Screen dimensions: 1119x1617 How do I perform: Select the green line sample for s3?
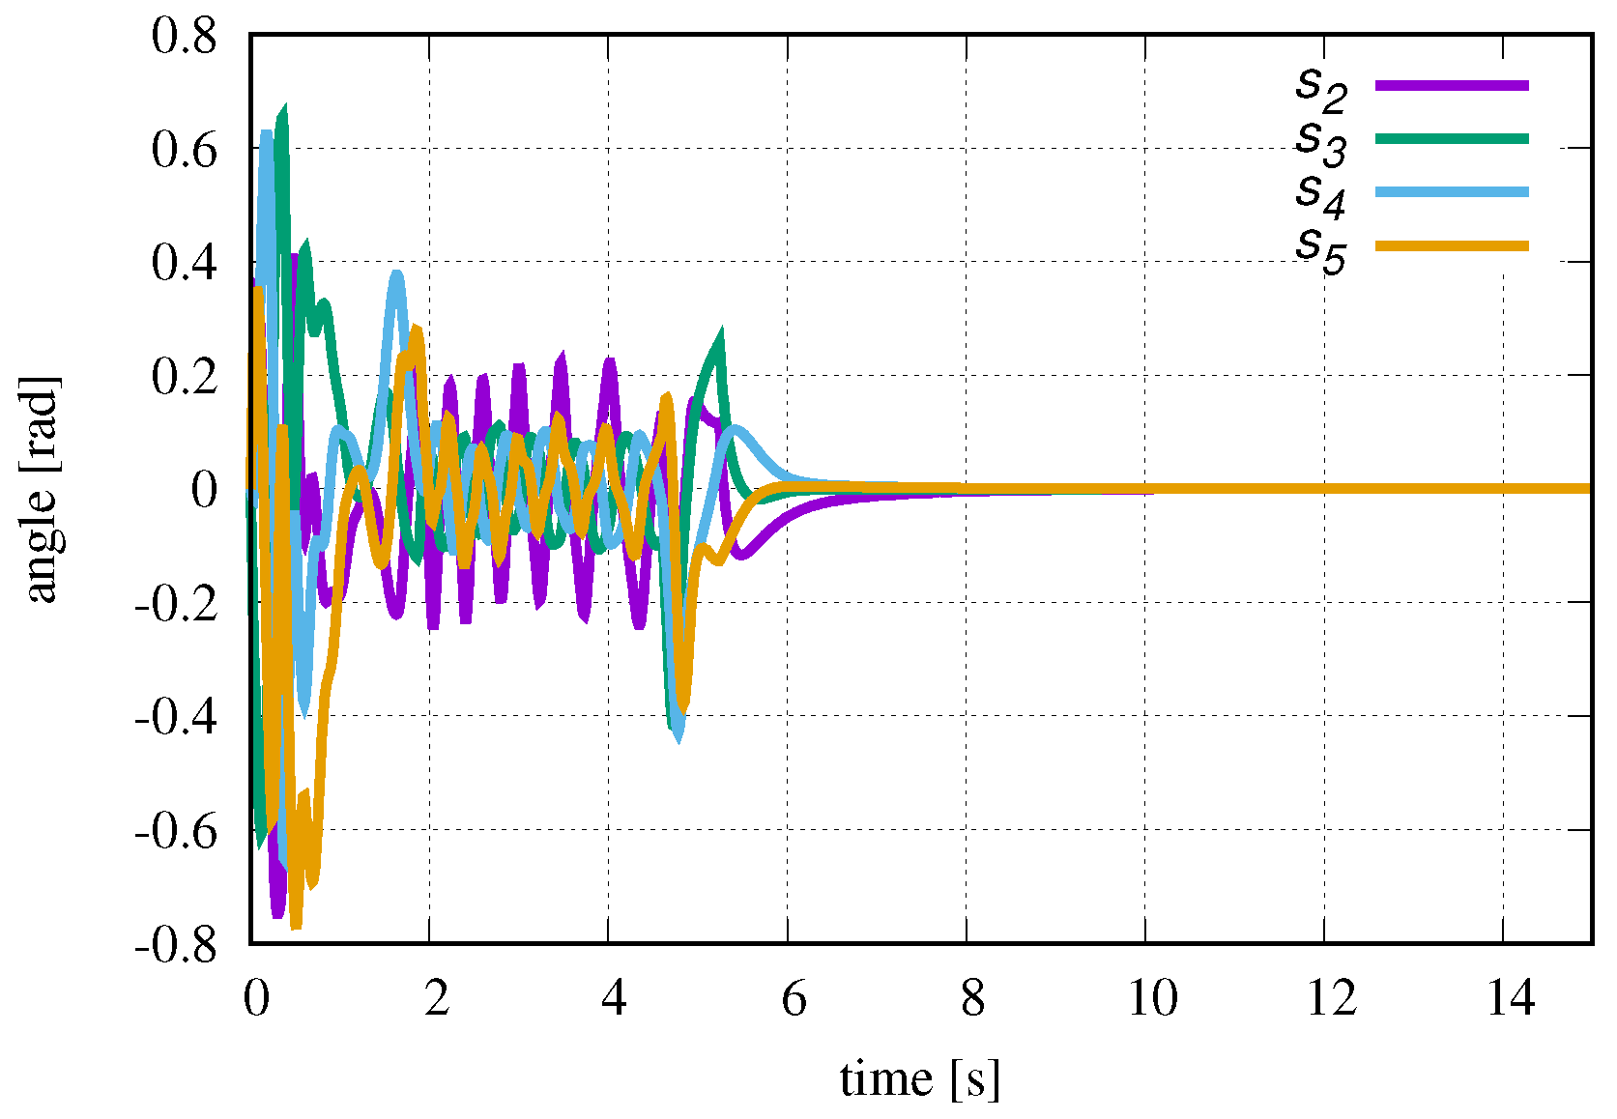click(1452, 139)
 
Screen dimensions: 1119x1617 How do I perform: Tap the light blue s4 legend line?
click(1452, 192)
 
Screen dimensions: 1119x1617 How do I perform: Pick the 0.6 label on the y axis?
click(184, 150)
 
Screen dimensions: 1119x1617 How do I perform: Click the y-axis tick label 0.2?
click(184, 376)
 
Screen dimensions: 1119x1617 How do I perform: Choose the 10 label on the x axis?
click(1152, 997)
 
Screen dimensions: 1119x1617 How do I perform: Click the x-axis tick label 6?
click(794, 997)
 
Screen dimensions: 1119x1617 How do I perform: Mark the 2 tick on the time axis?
click(436, 997)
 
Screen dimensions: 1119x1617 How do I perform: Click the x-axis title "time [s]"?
click(919, 1077)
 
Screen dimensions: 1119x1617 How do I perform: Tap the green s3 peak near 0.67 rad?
click(283, 109)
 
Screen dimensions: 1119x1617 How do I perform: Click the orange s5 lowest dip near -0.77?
click(296, 926)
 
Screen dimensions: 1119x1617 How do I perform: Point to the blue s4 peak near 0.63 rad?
click(266, 132)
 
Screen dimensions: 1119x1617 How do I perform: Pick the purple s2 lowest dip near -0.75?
click(278, 913)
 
